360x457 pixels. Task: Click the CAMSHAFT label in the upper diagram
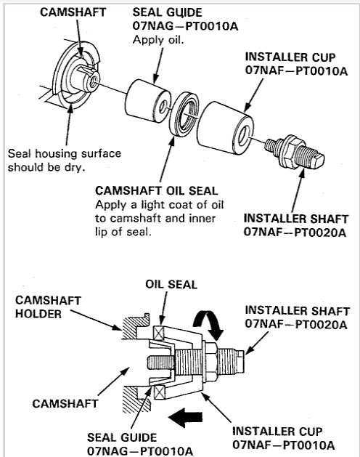(x=73, y=12)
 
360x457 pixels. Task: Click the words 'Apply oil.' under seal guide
(x=158, y=40)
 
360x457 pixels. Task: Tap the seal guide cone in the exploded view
(x=148, y=101)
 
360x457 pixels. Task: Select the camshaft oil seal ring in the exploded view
(x=184, y=113)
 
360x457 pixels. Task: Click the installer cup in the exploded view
(x=225, y=129)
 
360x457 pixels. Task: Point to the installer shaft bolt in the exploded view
(x=294, y=152)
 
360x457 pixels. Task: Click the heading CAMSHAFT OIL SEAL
(x=156, y=191)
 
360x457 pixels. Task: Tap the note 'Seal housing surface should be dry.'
(x=65, y=161)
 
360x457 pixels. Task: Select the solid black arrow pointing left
(x=185, y=417)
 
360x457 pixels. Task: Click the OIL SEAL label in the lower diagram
(x=171, y=285)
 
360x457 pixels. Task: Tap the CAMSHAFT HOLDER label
(x=48, y=307)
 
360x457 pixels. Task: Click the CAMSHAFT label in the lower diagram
(x=65, y=404)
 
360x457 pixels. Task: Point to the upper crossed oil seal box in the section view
(x=160, y=333)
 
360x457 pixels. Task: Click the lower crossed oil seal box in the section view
(x=160, y=392)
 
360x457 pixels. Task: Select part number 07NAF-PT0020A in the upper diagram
(x=295, y=232)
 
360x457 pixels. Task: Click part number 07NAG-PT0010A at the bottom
(x=140, y=451)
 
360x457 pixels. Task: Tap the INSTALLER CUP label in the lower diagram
(x=277, y=432)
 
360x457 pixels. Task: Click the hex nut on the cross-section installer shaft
(x=210, y=363)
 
